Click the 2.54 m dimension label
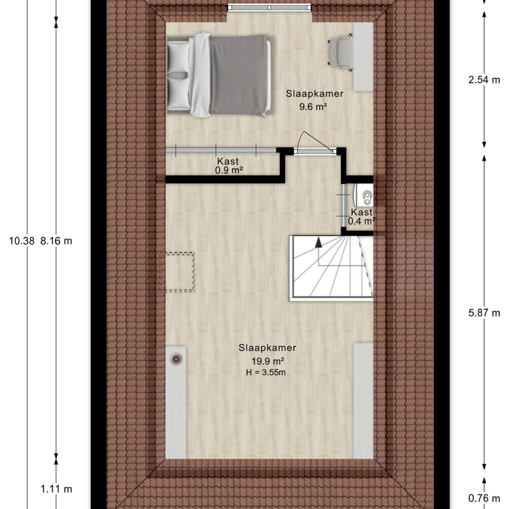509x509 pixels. click(x=484, y=80)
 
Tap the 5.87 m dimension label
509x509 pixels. click(x=484, y=313)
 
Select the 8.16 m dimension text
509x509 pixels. click(x=56, y=241)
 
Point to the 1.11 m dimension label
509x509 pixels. click(x=56, y=489)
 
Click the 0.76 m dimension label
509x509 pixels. click(x=484, y=498)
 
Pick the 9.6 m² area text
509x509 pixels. click(x=313, y=107)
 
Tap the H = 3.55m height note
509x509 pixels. click(x=265, y=372)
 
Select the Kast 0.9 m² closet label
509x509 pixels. click(x=229, y=166)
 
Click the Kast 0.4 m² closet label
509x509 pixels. click(x=362, y=217)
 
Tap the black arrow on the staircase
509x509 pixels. click(x=318, y=243)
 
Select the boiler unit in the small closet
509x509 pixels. click(x=364, y=198)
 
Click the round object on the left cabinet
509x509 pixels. click(x=176, y=359)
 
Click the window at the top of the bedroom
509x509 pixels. click(x=269, y=7)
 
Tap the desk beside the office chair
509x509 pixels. click(x=363, y=57)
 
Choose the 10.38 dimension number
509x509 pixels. click(x=22, y=241)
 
